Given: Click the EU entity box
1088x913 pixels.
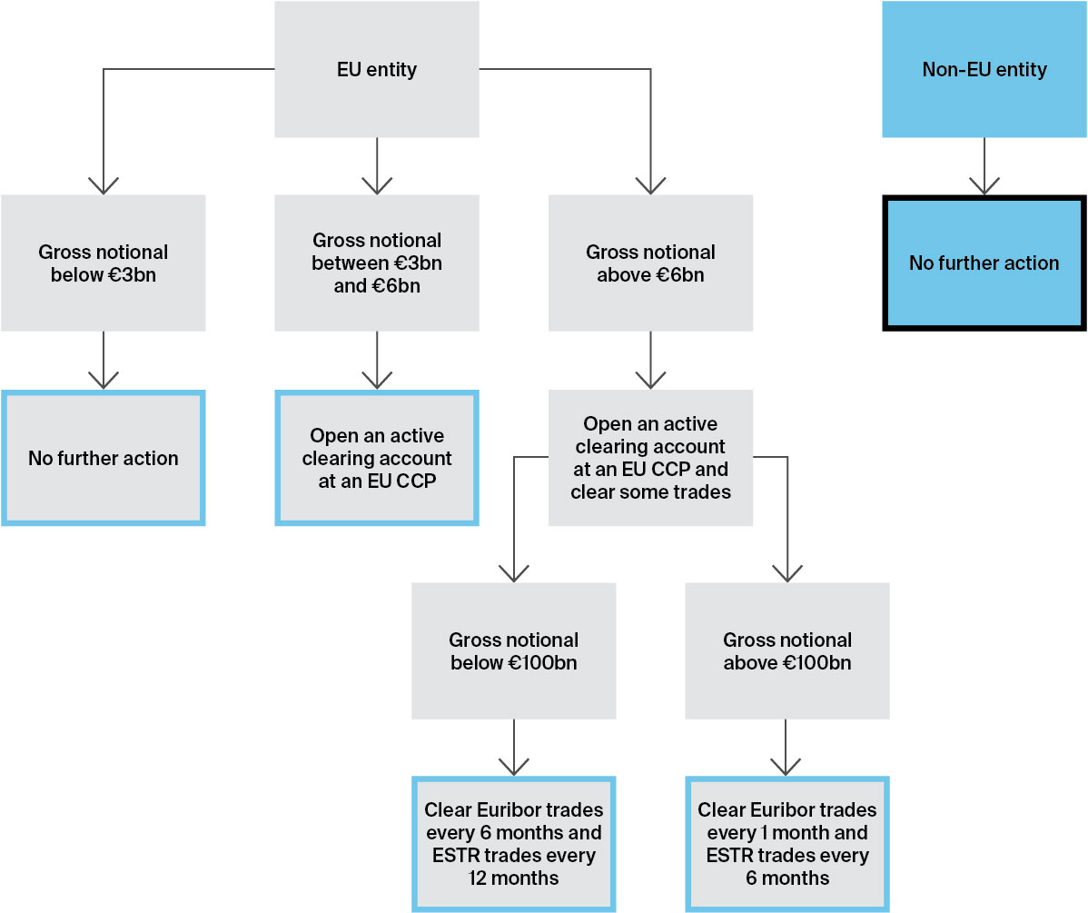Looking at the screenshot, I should pos(376,70).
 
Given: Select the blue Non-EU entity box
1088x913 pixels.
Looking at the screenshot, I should pos(984,70).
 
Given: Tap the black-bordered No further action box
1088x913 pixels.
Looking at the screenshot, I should pos(984,263).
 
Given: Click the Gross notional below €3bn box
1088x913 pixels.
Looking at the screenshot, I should pos(104,263).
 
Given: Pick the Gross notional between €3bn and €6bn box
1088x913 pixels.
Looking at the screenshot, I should pos(376,263).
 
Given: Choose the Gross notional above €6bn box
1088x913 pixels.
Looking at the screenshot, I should pos(650,263).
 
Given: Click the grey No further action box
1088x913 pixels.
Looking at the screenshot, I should pos(104,458).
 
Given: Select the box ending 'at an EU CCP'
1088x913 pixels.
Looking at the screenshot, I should pos(376,458).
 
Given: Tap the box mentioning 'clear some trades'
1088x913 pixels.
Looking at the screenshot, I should pos(650,458).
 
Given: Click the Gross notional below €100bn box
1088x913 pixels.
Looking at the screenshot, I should pos(513,651).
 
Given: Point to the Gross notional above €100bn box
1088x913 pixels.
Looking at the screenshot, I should pos(786,651).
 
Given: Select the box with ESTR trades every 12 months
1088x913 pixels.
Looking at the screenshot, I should pos(513,844).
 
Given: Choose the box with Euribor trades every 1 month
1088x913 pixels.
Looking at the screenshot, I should pos(786,844).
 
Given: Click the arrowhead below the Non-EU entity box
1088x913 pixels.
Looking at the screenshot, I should pos(984,185).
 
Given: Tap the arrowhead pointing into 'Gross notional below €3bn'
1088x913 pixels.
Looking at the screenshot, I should pos(104,185).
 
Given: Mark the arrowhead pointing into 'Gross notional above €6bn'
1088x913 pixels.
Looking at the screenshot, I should pos(650,185).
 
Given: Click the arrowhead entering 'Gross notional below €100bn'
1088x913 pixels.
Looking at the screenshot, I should pos(514,573).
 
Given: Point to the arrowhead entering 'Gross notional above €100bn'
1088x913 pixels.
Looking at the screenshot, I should pos(786,573).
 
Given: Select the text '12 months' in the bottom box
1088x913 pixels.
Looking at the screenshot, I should pos(513,878).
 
